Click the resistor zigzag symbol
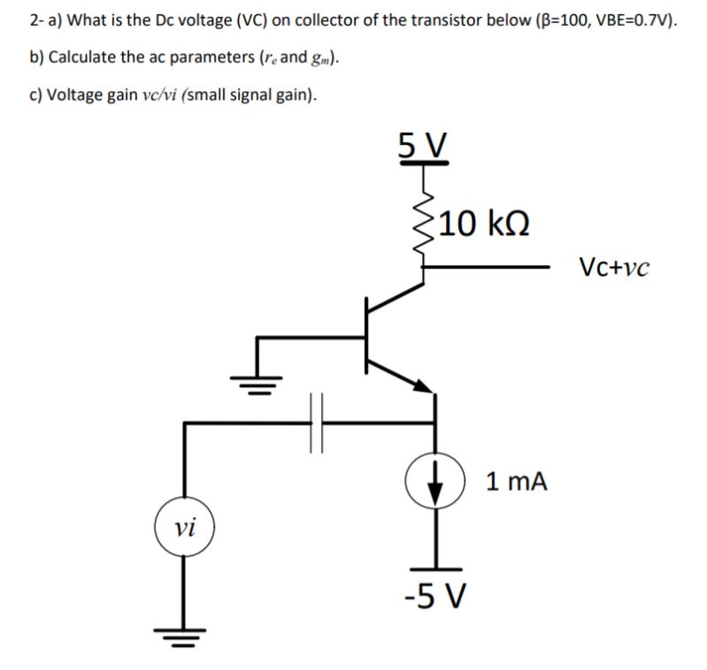click(x=426, y=234)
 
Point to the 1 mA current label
click(x=517, y=482)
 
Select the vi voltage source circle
click(x=184, y=528)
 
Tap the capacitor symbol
click(x=318, y=423)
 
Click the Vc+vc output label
click(x=614, y=265)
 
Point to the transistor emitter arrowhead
click(x=425, y=384)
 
